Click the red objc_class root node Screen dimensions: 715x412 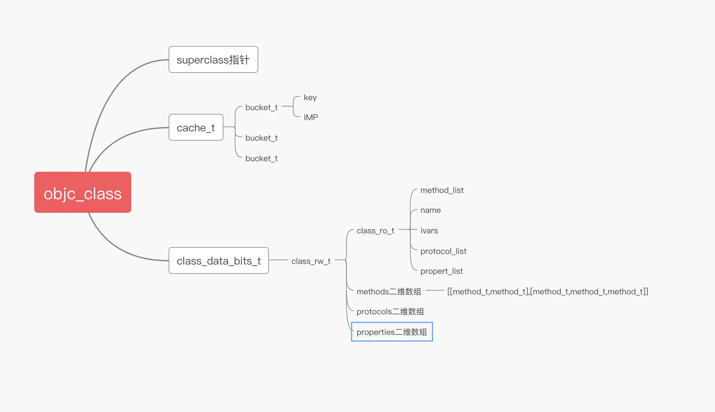point(83,192)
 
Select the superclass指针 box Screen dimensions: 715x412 point(213,59)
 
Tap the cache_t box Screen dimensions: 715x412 point(196,127)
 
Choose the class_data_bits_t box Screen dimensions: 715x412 point(219,260)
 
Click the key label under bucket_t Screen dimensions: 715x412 point(310,98)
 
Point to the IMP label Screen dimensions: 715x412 point(311,117)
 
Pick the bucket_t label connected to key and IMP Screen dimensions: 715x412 point(261,108)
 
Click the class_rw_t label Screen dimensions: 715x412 point(311,261)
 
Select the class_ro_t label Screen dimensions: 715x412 point(375,231)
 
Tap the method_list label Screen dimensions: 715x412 point(442,190)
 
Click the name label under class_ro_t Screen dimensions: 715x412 point(431,210)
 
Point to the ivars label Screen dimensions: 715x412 point(429,231)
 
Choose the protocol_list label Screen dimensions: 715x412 point(443,251)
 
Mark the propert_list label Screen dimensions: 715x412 point(442,271)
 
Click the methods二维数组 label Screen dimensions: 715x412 point(389,292)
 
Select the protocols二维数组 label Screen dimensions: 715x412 point(390,311)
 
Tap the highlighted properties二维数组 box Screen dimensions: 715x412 point(392,332)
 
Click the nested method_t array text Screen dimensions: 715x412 point(548,292)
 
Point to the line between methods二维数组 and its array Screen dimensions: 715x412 point(435,290)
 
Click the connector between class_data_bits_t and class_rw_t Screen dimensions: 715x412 point(278,260)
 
